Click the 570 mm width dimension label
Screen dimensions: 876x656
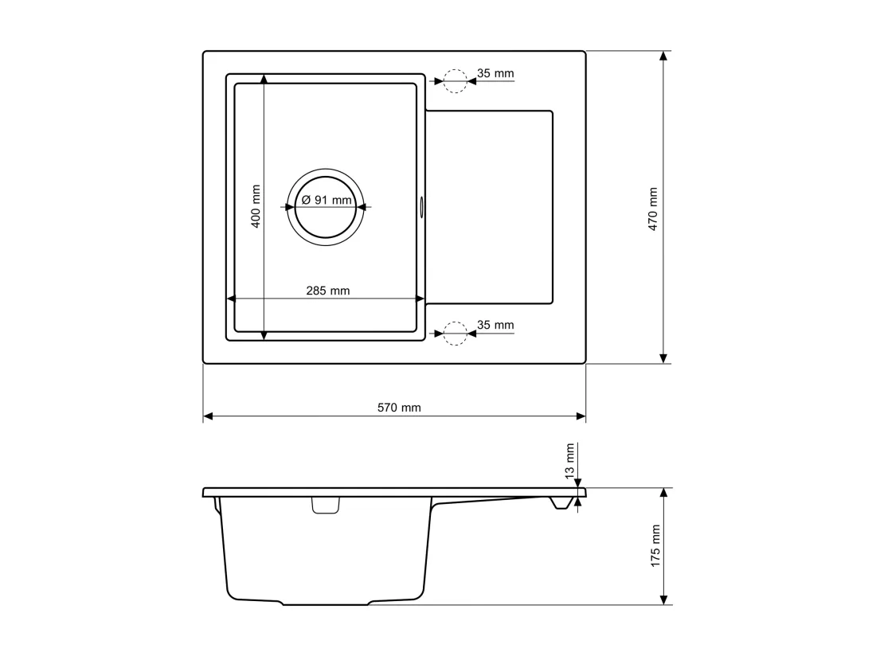pos(399,408)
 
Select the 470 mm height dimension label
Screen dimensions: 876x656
pos(652,209)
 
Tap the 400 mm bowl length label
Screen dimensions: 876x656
pos(256,206)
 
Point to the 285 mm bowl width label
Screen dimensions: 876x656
pos(328,291)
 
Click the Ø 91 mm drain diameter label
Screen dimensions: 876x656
pos(327,199)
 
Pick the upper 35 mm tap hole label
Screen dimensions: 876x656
pos(495,73)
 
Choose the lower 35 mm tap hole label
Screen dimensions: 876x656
pos(495,325)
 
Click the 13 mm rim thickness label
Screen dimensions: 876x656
pos(569,461)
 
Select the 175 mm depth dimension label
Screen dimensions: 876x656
pos(655,546)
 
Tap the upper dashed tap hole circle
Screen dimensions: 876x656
pos(456,69)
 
